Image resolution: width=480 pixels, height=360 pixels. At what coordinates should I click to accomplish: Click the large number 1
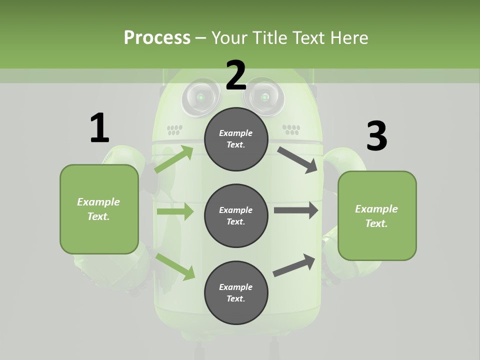click(99, 128)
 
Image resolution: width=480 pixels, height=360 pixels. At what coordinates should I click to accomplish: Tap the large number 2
click(236, 75)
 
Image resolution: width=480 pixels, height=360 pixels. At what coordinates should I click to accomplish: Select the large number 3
click(377, 136)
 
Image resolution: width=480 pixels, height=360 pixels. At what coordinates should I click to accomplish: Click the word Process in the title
click(157, 37)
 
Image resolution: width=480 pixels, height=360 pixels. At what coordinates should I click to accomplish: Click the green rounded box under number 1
click(99, 209)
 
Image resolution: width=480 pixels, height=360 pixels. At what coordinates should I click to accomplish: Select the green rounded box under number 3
click(377, 215)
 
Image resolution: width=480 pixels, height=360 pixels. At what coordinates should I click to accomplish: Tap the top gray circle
click(236, 139)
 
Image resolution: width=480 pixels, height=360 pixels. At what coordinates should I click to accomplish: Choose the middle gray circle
click(236, 215)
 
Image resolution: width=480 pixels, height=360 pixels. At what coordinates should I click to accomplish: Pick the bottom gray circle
click(236, 292)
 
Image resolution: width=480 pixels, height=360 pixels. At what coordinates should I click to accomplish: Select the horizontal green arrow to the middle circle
click(175, 211)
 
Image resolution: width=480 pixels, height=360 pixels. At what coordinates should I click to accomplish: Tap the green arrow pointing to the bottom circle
click(175, 266)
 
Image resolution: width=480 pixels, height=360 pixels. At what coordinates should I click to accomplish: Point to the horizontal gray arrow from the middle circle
click(296, 210)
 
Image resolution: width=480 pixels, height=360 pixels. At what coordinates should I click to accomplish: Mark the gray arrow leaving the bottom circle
click(294, 265)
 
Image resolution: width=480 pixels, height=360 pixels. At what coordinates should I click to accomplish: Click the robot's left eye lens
click(200, 97)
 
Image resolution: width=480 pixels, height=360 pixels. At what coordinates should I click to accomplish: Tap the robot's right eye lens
click(264, 97)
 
